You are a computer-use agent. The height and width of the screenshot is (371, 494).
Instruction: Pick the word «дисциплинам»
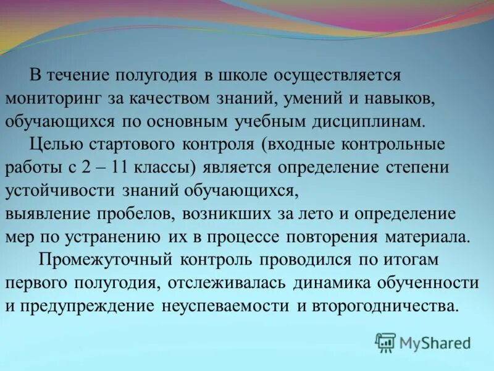point(364,121)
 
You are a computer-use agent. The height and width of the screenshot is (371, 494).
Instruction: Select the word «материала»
point(429,237)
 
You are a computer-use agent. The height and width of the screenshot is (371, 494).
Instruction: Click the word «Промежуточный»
point(98,260)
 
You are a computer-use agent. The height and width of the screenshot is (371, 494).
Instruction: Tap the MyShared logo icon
point(386,342)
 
